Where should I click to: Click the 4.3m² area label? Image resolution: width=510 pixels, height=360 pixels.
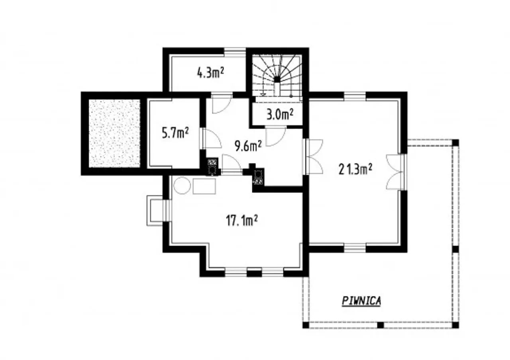point(210,73)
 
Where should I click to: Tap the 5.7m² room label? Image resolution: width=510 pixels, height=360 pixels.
point(175,133)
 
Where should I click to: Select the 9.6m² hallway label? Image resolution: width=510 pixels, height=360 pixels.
point(248,146)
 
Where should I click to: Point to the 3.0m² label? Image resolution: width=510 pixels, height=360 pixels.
point(280,114)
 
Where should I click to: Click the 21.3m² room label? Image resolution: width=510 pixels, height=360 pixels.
point(355,169)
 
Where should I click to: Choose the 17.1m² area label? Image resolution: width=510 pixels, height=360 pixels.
point(242,221)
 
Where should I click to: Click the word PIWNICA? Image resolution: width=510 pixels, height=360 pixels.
point(361,301)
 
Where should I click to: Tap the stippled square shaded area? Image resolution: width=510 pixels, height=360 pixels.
point(114,133)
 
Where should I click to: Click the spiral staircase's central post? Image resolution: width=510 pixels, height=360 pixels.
point(277,79)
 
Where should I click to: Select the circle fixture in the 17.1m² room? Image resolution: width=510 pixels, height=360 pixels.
point(182,186)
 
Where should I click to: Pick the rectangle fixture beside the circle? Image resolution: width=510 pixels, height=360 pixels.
point(204,186)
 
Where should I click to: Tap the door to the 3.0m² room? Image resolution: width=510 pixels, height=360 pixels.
point(275,136)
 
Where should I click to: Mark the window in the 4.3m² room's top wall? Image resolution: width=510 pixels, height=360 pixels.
point(235,52)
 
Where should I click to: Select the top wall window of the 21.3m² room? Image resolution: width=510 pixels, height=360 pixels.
point(355,96)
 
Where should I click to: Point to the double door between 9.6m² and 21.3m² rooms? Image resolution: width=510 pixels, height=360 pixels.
point(313,157)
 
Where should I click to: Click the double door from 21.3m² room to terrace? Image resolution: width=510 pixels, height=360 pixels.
point(396,172)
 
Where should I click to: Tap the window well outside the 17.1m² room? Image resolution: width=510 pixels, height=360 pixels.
point(155,211)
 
